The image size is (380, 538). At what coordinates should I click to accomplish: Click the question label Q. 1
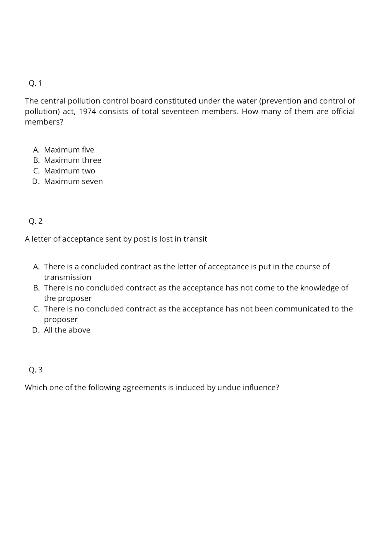coord(35,83)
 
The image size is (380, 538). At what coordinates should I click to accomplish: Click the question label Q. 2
coord(35,221)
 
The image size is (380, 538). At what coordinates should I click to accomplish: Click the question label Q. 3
coord(35,370)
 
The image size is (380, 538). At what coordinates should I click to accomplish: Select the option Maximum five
coord(69,150)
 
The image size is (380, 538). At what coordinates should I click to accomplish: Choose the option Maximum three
coord(72,160)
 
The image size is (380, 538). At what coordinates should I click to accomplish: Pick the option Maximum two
coord(69,171)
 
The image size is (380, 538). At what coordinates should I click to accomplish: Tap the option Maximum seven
coord(73,181)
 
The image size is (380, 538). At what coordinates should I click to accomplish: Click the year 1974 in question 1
coord(87,112)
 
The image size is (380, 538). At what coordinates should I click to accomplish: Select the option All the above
coord(67,330)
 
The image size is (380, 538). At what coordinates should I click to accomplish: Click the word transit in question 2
coord(195,239)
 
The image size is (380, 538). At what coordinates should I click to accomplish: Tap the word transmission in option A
coord(67,277)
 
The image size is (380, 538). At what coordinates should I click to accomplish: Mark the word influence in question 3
coord(261,388)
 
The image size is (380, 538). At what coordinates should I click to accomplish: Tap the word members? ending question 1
coord(44,122)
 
